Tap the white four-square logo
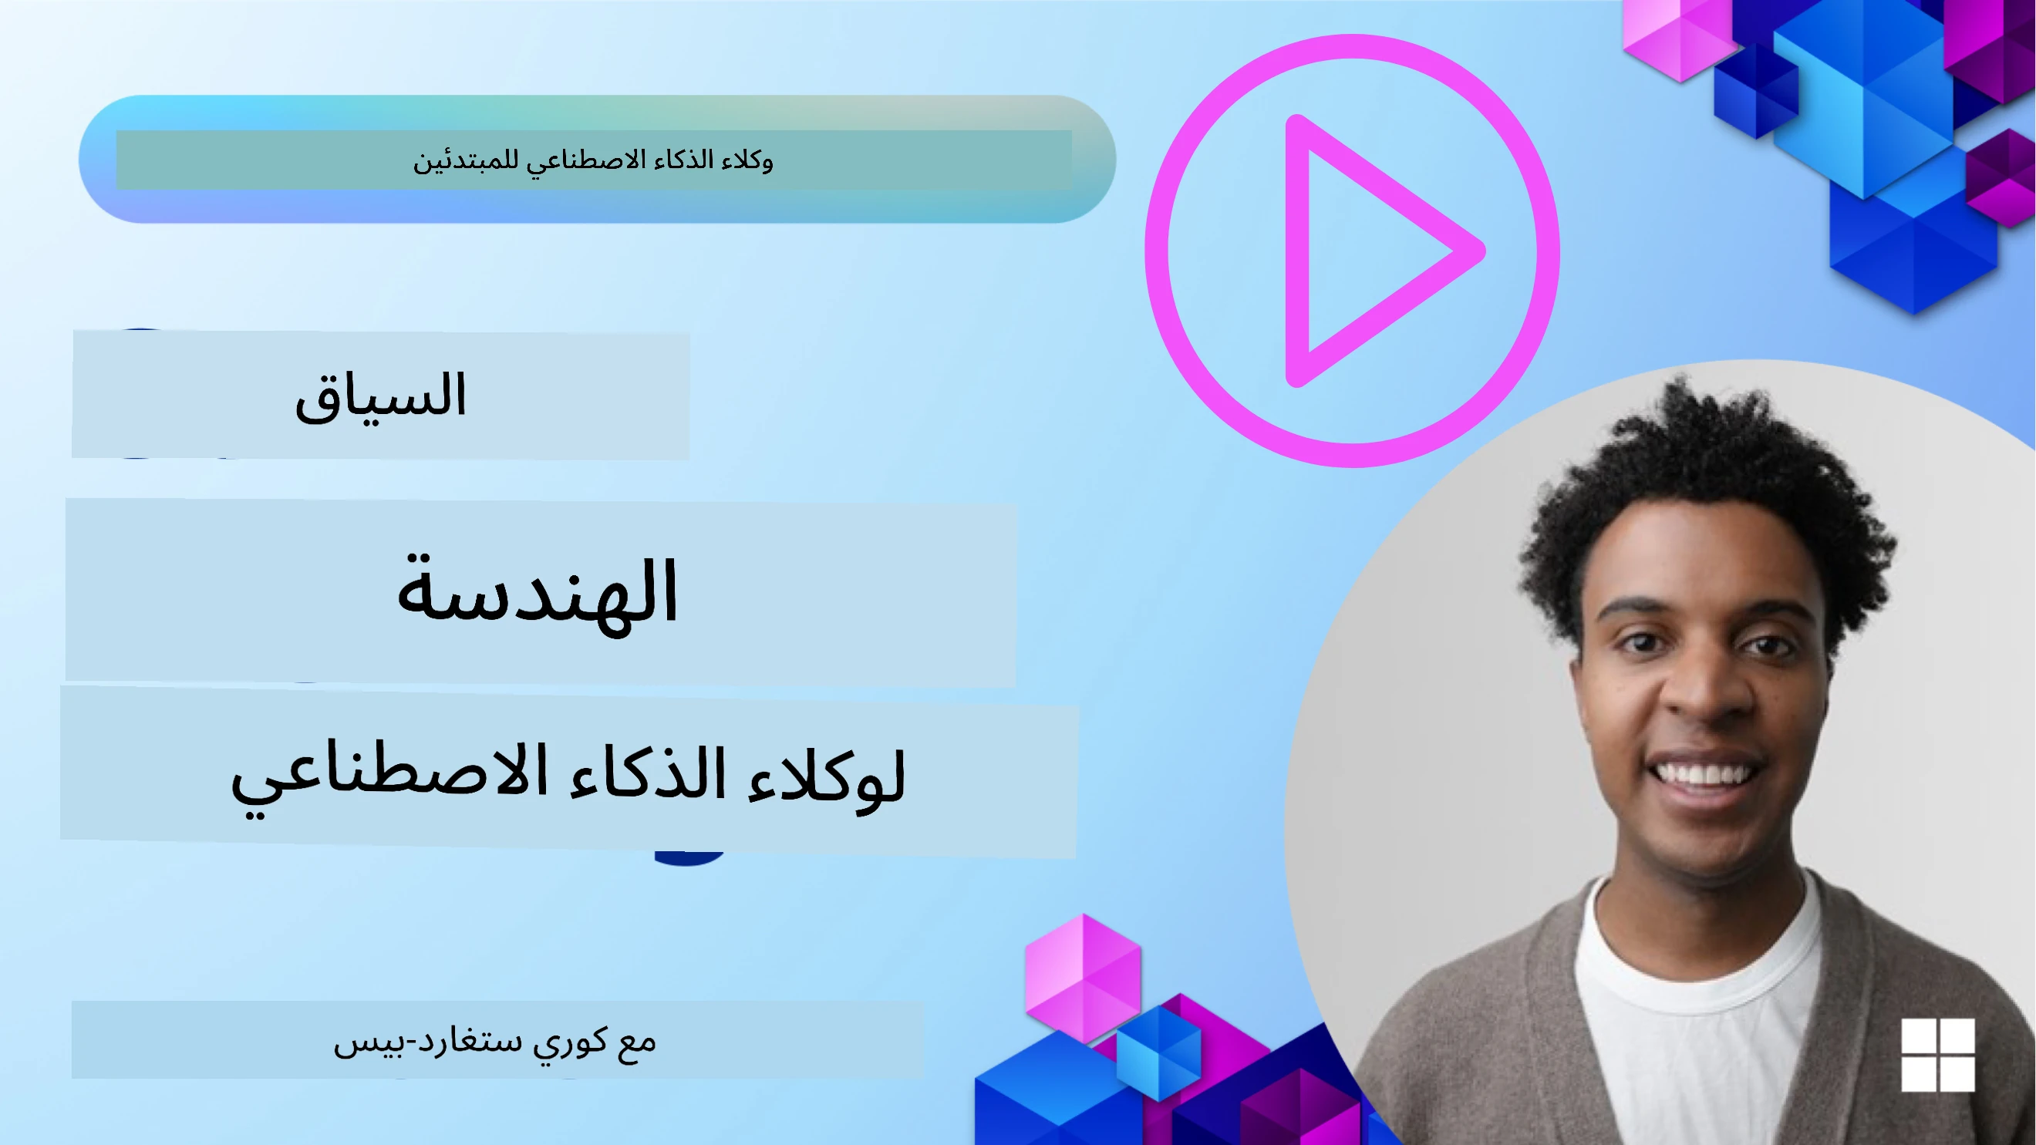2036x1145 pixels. click(x=1937, y=1054)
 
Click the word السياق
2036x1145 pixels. click(x=380, y=395)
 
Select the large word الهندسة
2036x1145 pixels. click(x=538, y=593)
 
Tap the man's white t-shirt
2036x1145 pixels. click(x=1699, y=1027)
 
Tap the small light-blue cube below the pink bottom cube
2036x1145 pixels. click(x=1158, y=1051)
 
